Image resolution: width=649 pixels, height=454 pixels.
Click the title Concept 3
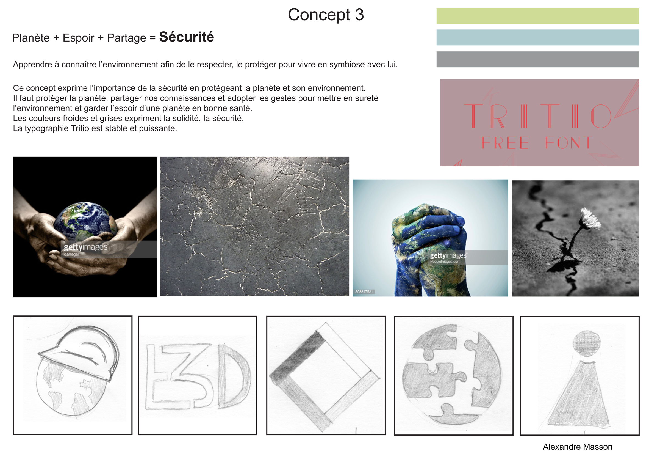tap(326, 14)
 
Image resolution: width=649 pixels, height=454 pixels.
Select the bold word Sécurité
tap(187, 37)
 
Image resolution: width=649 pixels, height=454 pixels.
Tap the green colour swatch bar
tap(537, 16)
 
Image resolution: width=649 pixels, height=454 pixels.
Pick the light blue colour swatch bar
tap(537, 37)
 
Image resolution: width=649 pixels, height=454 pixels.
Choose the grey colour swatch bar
tap(537, 59)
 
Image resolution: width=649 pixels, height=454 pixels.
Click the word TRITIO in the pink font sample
tap(537, 116)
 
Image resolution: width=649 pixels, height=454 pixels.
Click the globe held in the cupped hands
tap(85, 220)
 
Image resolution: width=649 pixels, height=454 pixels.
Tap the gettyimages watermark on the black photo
tap(86, 247)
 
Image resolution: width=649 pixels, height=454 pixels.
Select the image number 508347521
tap(364, 292)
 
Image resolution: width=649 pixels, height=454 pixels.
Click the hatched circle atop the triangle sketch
tap(587, 343)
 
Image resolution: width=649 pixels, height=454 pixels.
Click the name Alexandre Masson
tap(577, 447)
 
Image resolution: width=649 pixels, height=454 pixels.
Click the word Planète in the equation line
tap(31, 38)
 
